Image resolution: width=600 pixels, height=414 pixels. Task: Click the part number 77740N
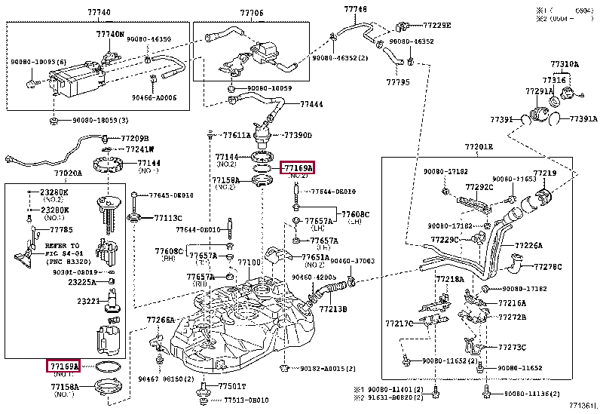(110, 35)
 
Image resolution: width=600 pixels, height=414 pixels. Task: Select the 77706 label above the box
(252, 14)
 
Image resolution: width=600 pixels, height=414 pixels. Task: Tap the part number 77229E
(436, 25)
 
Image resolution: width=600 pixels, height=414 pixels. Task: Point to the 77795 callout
(398, 81)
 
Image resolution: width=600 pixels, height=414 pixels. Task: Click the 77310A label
(564, 64)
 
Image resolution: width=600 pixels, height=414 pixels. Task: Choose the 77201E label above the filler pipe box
(479, 146)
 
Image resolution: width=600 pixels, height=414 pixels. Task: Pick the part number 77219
(545, 173)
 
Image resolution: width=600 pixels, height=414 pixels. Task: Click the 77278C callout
(548, 267)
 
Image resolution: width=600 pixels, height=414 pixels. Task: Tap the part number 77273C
(513, 348)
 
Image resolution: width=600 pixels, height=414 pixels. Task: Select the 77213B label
(332, 308)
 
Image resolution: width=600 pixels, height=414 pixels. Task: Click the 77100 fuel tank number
(249, 263)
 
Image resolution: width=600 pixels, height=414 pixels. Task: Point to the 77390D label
(298, 136)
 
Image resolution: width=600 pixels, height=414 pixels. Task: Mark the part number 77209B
(135, 139)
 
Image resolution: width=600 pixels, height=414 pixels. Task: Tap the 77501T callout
(232, 385)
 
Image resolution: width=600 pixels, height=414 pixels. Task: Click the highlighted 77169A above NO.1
(64, 366)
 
